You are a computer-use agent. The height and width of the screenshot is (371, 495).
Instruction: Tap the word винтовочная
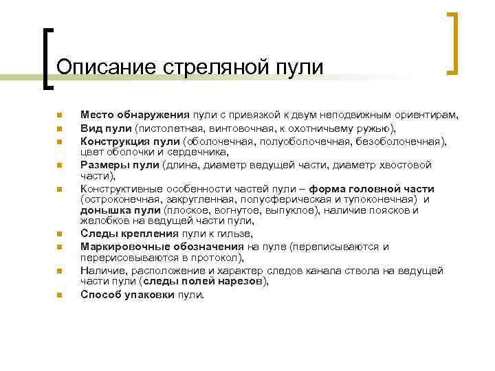coord(245,128)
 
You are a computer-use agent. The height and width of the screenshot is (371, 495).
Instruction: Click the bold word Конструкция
coord(113,142)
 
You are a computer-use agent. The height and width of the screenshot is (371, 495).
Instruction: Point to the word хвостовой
coord(405,165)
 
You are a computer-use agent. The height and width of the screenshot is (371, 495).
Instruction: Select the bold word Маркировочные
coord(123,247)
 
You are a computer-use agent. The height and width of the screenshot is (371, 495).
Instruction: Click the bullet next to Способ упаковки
coord(60,295)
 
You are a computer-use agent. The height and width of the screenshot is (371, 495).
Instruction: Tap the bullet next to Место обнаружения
coord(60,115)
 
